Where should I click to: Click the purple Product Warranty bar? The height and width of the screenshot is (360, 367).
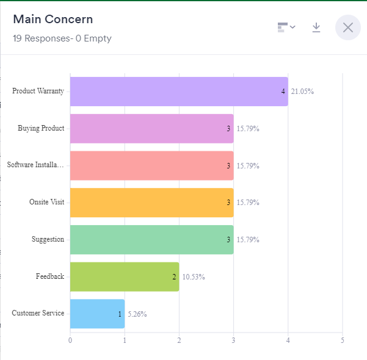click(x=178, y=92)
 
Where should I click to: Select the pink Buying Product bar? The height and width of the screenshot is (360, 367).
click(x=151, y=129)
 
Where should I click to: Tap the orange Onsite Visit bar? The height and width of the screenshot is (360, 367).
click(x=151, y=203)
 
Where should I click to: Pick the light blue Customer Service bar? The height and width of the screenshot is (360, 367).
click(x=97, y=314)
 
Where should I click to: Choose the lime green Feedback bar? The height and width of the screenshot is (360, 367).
click(x=125, y=276)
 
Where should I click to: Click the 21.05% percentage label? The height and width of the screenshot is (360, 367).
click(x=302, y=92)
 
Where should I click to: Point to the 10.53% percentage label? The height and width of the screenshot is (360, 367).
click(x=194, y=277)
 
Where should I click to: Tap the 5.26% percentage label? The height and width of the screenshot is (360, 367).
click(x=137, y=314)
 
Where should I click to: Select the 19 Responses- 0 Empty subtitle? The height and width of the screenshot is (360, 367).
click(x=62, y=38)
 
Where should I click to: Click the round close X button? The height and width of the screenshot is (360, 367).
click(x=348, y=27)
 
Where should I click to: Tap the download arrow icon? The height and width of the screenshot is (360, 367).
click(x=316, y=27)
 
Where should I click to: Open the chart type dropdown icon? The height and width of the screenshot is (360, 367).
click(x=286, y=27)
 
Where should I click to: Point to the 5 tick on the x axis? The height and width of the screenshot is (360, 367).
click(x=343, y=340)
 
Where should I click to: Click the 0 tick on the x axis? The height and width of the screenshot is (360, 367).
click(x=70, y=340)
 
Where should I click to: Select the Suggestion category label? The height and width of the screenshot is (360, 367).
click(x=48, y=239)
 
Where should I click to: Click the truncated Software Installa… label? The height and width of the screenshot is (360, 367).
click(x=35, y=165)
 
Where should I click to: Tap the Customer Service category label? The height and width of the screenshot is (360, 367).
click(x=38, y=313)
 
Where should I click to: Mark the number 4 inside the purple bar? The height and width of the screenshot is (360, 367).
click(x=283, y=92)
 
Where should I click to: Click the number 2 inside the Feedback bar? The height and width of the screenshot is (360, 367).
click(x=174, y=277)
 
